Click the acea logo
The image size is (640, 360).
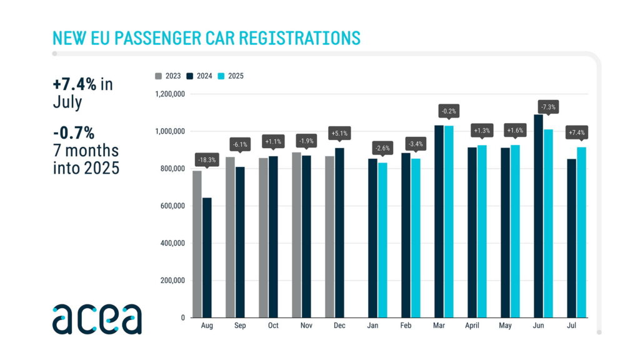pyautogui.click(x=97, y=319)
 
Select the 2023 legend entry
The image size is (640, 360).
pyautogui.click(x=168, y=76)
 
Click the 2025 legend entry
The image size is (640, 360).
pyautogui.click(x=231, y=76)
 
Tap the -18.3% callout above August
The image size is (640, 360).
pyautogui.click(x=207, y=159)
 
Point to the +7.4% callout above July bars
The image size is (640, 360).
pyautogui.click(x=577, y=133)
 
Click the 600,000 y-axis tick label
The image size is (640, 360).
pyautogui.click(x=171, y=206)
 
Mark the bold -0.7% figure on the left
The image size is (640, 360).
pyautogui.click(x=74, y=133)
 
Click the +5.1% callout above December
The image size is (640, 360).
pyautogui.click(x=339, y=133)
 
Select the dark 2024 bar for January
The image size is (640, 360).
pyautogui.click(x=372, y=238)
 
